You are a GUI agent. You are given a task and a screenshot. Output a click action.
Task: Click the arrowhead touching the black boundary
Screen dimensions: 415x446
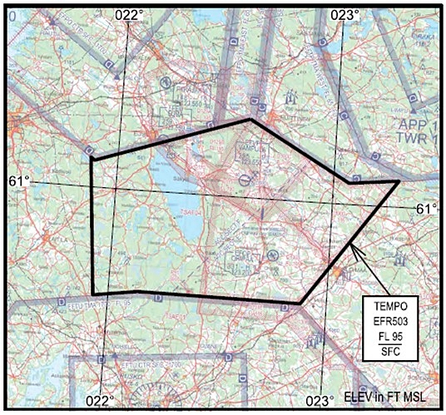353,246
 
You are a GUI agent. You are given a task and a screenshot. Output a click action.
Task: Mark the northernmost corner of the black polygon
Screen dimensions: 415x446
250,120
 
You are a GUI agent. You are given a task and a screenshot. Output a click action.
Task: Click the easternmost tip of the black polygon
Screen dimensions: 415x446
398,181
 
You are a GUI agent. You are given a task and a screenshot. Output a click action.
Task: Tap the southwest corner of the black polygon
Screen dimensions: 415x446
92,294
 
